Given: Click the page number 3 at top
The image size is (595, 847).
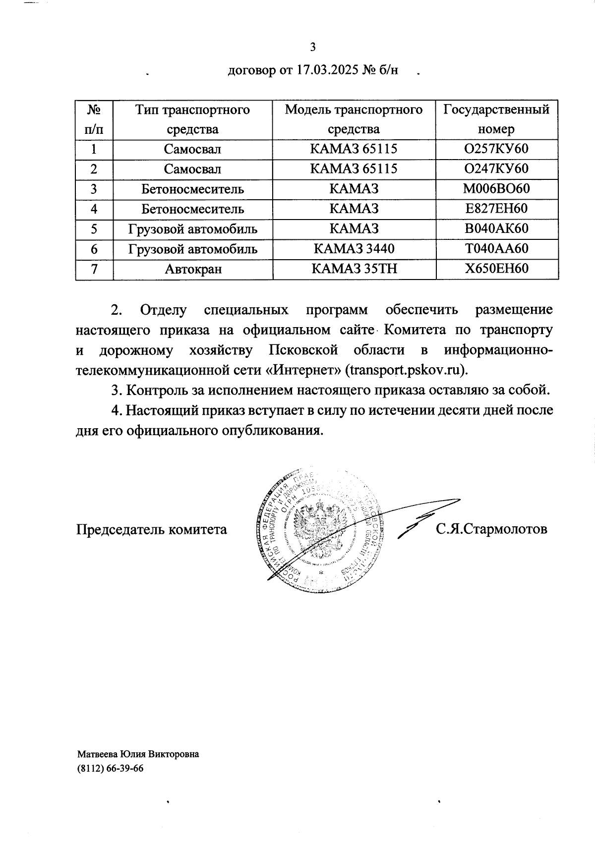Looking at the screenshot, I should pos(312,48).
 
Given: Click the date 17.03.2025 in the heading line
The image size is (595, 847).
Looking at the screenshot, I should pos(327,71).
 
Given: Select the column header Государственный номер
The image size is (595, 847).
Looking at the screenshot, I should pos(496,119).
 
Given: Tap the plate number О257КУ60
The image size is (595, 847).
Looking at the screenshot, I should pos(496,149).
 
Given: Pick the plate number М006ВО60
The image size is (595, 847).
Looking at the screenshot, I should pos(496,189).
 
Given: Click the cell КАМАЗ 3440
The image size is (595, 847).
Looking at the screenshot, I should pos(354,249).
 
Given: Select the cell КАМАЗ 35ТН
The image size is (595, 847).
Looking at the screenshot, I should pos(354,269).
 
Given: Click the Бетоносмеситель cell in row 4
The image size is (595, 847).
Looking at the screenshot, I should pos(193,209).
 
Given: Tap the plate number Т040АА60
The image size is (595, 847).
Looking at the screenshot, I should pos(496,249).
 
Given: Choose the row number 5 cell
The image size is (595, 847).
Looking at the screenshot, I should pos(94,229).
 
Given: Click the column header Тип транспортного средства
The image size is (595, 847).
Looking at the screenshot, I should pos(193,119).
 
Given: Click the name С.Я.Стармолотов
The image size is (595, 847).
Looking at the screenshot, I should pos(491,529).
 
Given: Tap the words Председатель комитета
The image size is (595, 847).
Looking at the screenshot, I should pos(152,529).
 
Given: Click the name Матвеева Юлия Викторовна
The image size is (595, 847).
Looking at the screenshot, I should pos(138,754).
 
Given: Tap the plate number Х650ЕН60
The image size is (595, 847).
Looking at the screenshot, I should pos(496,269).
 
